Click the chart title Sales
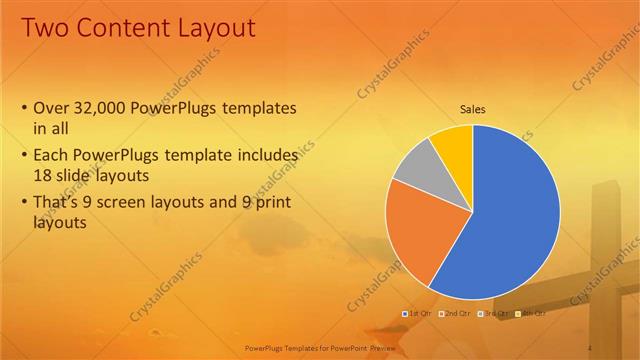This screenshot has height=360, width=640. click(x=473, y=109)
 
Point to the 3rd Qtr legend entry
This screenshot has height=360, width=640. click(x=495, y=314)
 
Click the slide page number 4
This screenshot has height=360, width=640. click(x=591, y=346)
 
